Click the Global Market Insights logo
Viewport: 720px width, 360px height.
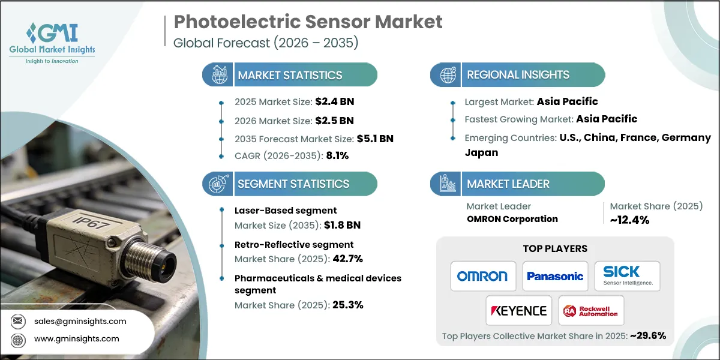click(x=52, y=42)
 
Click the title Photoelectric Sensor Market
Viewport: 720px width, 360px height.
click(x=308, y=22)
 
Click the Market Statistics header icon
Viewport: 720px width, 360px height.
click(x=217, y=75)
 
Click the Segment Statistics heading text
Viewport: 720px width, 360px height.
click(x=293, y=184)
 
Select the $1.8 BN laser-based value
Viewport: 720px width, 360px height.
click(x=343, y=225)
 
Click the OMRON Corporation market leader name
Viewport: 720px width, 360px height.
click(x=512, y=218)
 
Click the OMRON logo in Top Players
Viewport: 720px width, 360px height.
click(x=482, y=276)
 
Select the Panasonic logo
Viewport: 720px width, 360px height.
click(x=555, y=276)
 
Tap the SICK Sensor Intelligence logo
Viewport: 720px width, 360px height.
click(x=627, y=275)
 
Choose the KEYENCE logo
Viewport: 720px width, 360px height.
click(x=519, y=310)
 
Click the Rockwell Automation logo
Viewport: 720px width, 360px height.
click(x=590, y=310)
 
